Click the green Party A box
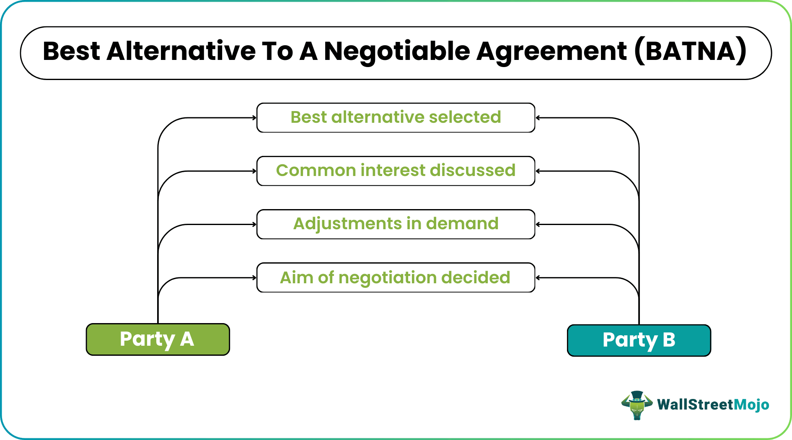pyautogui.click(x=158, y=339)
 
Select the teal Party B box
pyautogui.click(x=639, y=340)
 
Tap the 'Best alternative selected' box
pyautogui.click(x=396, y=118)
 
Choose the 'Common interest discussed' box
pyautogui.click(x=396, y=171)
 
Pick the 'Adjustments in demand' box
pyautogui.click(x=396, y=224)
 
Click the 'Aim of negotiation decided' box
pyautogui.click(x=396, y=277)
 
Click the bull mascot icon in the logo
pyautogui.click(x=637, y=405)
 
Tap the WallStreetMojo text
pyautogui.click(x=713, y=405)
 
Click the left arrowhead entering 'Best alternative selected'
pyautogui.click(x=254, y=118)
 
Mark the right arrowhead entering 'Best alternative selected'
pyautogui.click(x=538, y=118)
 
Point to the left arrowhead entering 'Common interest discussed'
pyautogui.click(x=254, y=171)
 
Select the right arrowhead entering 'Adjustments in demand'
pyautogui.click(x=538, y=224)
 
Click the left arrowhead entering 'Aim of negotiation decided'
pyautogui.click(x=254, y=277)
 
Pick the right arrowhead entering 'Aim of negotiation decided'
pyautogui.click(x=538, y=277)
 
